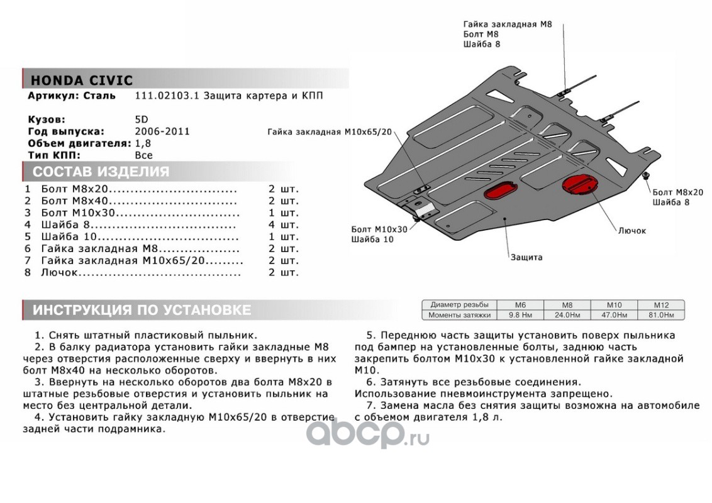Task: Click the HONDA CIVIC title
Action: [82, 80]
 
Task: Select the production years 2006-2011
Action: [162, 131]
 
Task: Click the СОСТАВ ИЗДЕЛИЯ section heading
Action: [101, 172]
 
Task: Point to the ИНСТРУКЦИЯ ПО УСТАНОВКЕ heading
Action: [142, 310]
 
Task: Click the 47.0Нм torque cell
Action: [614, 314]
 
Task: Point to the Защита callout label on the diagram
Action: [526, 257]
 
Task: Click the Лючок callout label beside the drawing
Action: [631, 231]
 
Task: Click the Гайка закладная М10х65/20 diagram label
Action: [329, 133]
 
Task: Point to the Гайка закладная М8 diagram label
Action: [508, 24]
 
